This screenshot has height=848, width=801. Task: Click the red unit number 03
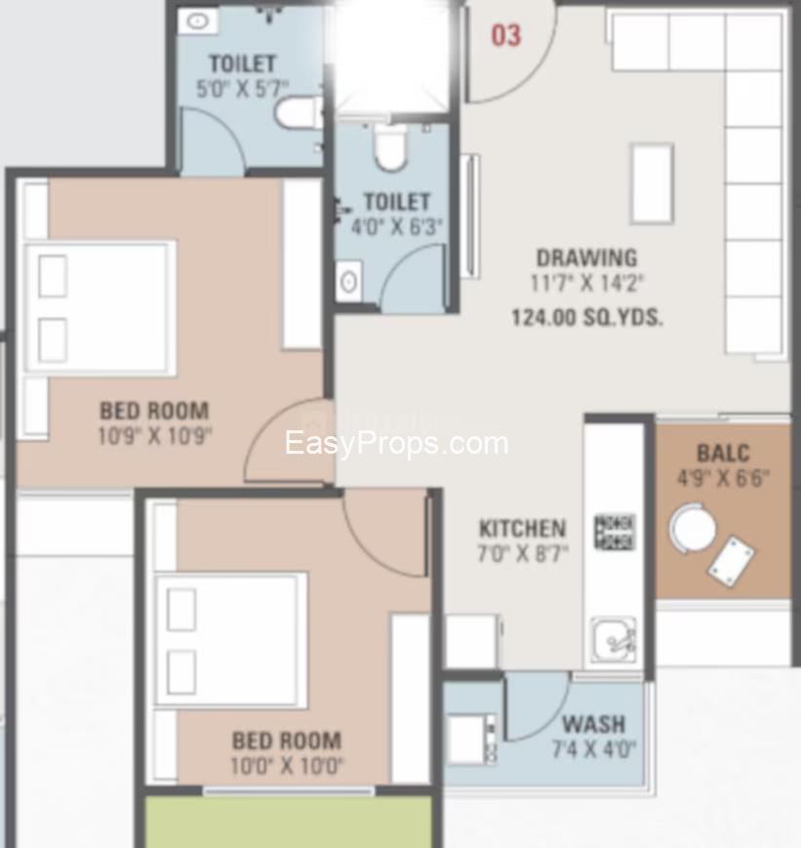(x=506, y=36)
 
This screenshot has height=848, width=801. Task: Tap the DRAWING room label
(x=586, y=258)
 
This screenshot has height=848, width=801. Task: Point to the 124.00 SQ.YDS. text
(x=586, y=317)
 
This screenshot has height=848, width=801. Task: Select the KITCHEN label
(x=523, y=528)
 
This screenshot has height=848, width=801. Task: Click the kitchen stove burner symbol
(x=615, y=532)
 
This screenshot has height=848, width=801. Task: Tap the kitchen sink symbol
(x=614, y=640)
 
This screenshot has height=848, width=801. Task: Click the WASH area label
(x=593, y=724)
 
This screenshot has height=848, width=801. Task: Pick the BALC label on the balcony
(x=723, y=453)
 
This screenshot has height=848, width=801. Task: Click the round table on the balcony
(x=693, y=528)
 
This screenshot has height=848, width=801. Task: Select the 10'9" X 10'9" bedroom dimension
(x=155, y=436)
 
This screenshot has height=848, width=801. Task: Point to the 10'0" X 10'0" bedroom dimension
(x=287, y=766)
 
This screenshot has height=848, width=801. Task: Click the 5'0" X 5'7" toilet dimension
(x=242, y=89)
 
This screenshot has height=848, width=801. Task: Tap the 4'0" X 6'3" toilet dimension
(x=396, y=226)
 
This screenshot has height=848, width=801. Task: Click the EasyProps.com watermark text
(x=396, y=443)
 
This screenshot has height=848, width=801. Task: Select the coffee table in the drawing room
(x=653, y=183)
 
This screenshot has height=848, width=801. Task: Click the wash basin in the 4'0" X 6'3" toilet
(x=349, y=282)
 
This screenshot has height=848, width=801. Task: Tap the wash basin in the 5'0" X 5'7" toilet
(x=198, y=21)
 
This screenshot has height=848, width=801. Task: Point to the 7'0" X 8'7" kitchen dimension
(x=523, y=553)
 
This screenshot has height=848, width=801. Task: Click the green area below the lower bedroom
(x=290, y=822)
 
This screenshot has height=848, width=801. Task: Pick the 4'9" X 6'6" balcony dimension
(x=723, y=478)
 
